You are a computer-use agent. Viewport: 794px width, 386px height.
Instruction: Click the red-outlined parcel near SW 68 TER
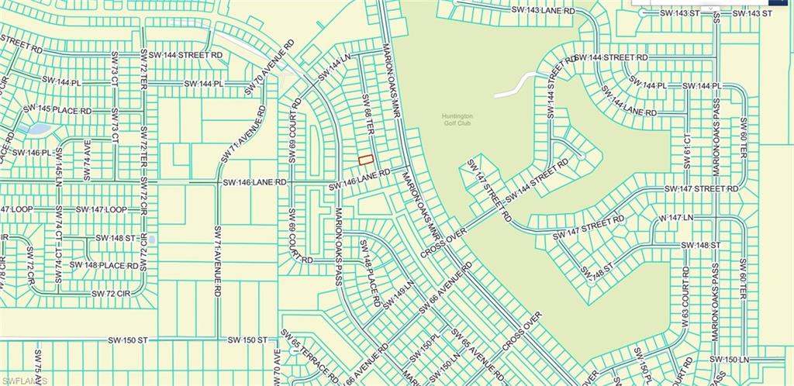click(x=365, y=160)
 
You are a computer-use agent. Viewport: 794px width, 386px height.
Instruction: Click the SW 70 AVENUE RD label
click(x=268, y=68)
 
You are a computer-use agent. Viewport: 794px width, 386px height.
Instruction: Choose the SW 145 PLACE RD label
click(x=57, y=110)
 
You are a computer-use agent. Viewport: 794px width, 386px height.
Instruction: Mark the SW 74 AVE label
click(x=87, y=160)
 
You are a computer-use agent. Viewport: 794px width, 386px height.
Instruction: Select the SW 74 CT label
click(x=60, y=229)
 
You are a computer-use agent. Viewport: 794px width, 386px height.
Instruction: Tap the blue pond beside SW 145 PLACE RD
click(x=36, y=129)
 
